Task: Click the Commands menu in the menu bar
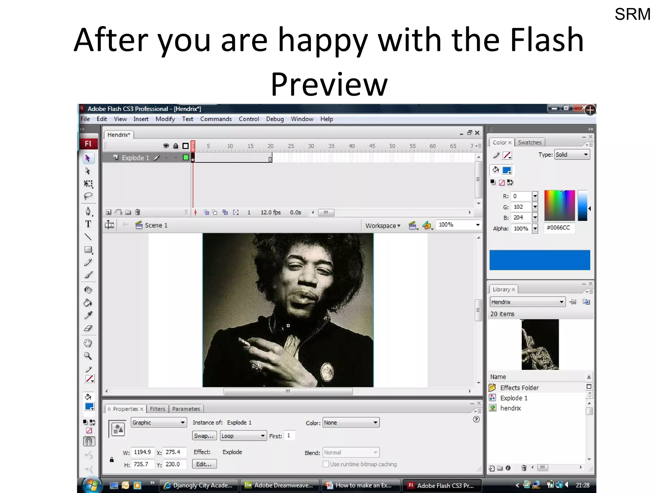click(x=216, y=119)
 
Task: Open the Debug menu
click(x=275, y=119)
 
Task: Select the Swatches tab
click(x=529, y=143)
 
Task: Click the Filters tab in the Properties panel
click(x=157, y=409)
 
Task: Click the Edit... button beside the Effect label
click(x=204, y=464)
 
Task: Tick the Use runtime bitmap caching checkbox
click(x=326, y=464)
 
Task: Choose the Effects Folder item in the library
click(x=519, y=388)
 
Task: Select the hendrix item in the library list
click(x=511, y=408)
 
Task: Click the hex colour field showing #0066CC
click(x=558, y=228)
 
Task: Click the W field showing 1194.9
click(x=142, y=452)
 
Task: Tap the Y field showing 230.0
click(x=173, y=464)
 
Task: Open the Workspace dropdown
click(x=383, y=226)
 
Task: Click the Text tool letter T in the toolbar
click(x=88, y=224)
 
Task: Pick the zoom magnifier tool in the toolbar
click(x=88, y=356)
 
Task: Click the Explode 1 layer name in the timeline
click(x=135, y=158)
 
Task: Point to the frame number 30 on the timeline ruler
click(x=311, y=146)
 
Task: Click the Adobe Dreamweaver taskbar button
click(x=280, y=485)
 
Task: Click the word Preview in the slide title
click(x=329, y=84)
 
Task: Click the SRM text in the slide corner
click(x=632, y=14)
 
